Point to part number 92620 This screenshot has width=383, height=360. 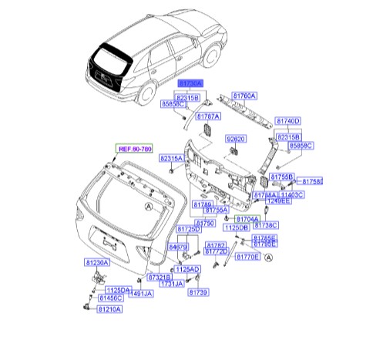pos(236,139)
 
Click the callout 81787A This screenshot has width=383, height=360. pos(208,116)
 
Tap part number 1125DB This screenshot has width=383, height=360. pos(236,228)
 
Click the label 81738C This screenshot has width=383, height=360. pos(265,224)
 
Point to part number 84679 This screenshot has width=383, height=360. pos(180,247)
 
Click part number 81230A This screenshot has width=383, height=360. pos(98,263)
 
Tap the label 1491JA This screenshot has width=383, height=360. pos(141,293)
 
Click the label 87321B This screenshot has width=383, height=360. pos(161,276)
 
